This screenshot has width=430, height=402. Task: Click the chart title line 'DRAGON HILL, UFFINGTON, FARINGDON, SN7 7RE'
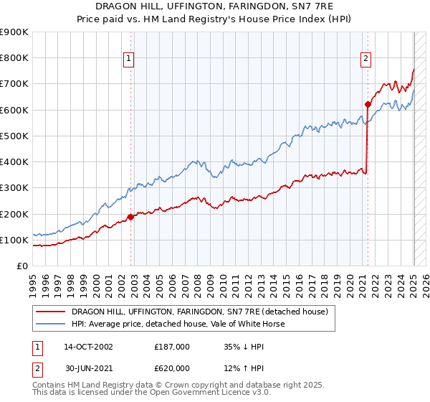point(214,6)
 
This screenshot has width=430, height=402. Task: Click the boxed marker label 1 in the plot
point(128,60)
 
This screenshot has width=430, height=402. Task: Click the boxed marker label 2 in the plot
point(365,60)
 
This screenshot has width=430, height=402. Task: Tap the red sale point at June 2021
point(368,104)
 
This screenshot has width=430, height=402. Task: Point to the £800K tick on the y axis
point(14,58)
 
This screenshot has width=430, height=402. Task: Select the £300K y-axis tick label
point(14,188)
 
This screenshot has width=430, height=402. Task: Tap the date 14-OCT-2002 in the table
point(88,347)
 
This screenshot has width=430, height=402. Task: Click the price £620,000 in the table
point(172,368)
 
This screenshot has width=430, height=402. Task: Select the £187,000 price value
point(172,347)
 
